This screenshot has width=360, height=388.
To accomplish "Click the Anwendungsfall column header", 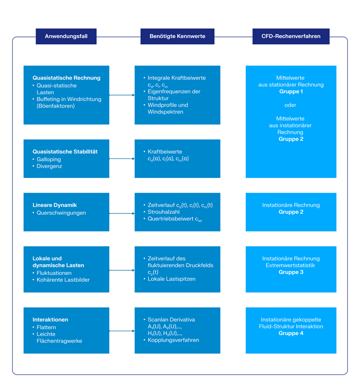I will coord(66,36).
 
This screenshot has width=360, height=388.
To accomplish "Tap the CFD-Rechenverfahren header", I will coord(291,36).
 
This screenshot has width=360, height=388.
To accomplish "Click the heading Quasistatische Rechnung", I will coord(66,78).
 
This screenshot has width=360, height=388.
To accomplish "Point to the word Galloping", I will coord(49,159).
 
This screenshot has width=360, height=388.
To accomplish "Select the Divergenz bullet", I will coord(49,167).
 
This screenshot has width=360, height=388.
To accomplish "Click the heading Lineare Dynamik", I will coord(54,205).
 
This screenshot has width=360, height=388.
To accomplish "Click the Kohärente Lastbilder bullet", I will coord(63,280).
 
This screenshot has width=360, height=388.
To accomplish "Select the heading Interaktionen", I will coord(50,320).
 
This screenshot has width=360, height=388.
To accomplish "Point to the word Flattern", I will coord(46,327).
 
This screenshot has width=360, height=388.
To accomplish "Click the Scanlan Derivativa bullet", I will coord(171,320).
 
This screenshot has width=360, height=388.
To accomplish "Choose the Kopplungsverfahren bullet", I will coord(173,340).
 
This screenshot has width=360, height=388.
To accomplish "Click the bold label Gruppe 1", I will coord(291,92).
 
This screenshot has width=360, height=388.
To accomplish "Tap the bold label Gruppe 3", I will coord(291,273).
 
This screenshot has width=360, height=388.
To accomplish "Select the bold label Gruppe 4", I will coord(291,334).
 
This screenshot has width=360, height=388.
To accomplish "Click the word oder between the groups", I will coord(291,105).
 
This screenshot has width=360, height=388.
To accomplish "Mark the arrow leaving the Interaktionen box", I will coord(122,331).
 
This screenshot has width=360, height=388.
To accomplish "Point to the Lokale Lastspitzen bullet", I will coord(171,279).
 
